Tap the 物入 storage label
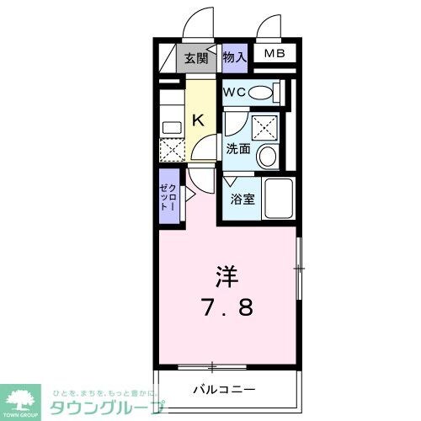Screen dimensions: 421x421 [235, 57]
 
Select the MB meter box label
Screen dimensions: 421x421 [274, 55]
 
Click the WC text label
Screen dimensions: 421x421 [236, 92]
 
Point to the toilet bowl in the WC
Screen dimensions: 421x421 [262, 92]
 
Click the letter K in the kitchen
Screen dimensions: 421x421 [197, 120]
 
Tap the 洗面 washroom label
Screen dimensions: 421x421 [237, 149]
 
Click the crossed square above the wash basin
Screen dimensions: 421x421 [267, 126]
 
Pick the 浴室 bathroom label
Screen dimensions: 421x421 [242, 200]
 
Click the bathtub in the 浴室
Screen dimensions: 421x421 [278, 200]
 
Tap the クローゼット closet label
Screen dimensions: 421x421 [168, 200]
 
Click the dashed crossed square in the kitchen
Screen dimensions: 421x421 [171, 152]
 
